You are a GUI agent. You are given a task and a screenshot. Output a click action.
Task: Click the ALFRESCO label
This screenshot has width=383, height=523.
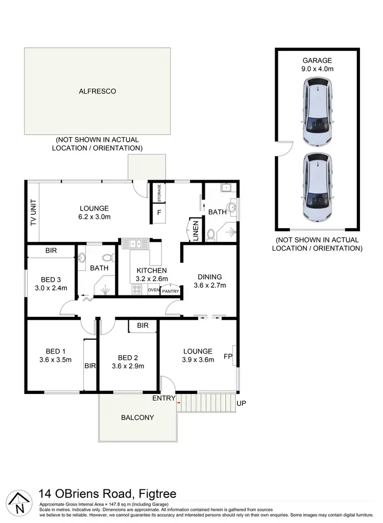click(97, 91)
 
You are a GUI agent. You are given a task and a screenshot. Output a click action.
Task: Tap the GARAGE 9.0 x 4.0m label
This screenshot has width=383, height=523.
click(317, 64)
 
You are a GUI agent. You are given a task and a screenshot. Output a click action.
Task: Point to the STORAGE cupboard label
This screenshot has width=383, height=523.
click(159, 193)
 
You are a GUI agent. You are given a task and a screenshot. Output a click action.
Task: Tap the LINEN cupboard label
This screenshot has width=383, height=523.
click(195, 230)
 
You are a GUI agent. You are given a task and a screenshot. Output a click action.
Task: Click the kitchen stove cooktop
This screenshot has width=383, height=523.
click(137, 289)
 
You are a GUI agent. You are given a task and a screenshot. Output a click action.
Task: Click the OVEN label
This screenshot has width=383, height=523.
click(154, 290)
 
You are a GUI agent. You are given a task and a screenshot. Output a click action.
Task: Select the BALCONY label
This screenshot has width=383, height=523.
click(137, 417)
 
